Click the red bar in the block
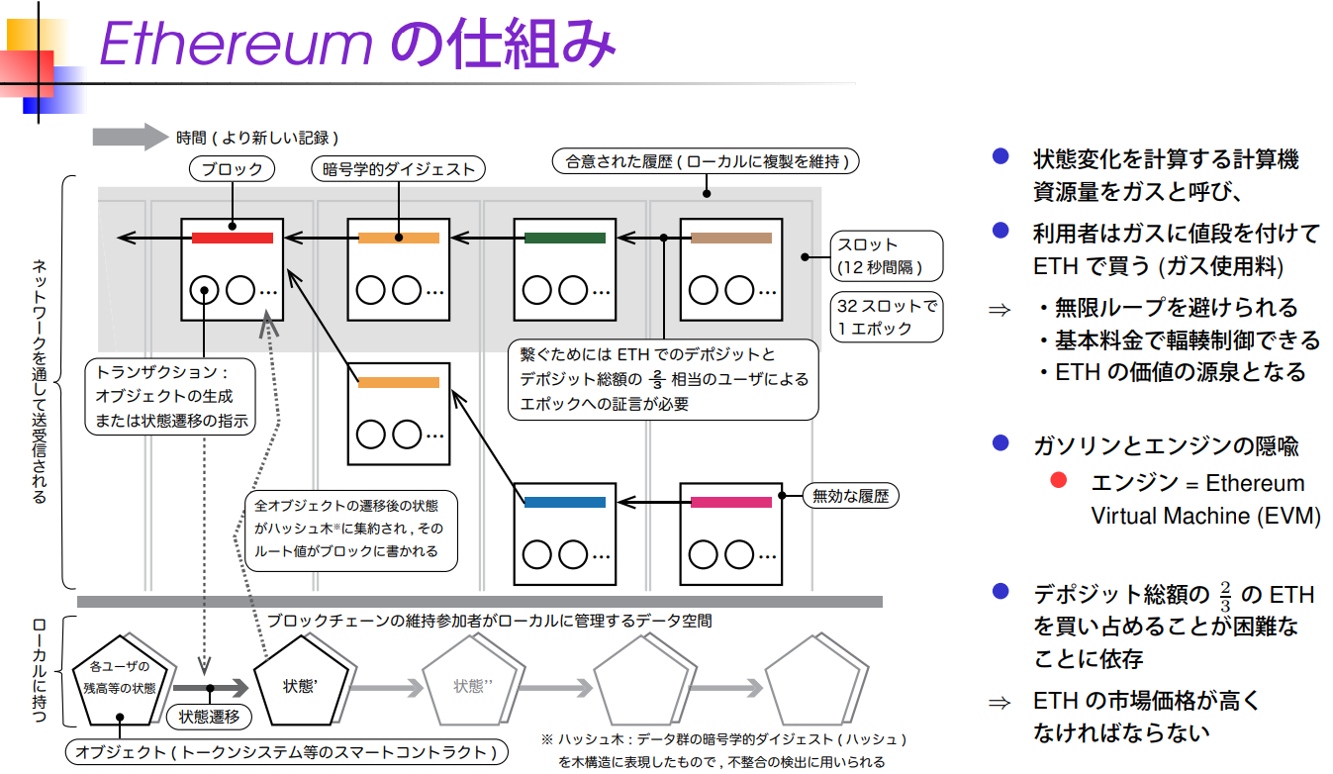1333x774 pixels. pos(232,238)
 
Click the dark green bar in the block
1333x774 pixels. pos(564,238)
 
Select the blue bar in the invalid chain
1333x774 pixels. pos(564,502)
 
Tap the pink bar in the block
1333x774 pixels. pos(730,502)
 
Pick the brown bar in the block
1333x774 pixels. pos(730,238)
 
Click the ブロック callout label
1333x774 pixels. pos(232,169)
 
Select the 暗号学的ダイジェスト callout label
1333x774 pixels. pos(399,169)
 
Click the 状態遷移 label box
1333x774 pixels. pos(210,716)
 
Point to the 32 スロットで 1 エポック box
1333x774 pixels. pos(886,318)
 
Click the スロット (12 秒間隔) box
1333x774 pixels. pos(886,254)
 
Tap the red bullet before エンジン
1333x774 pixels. pos(1058,481)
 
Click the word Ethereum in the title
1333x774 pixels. pos(237,44)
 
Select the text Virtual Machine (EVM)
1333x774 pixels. pos(1205,516)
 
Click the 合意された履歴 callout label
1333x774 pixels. pos(707,160)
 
